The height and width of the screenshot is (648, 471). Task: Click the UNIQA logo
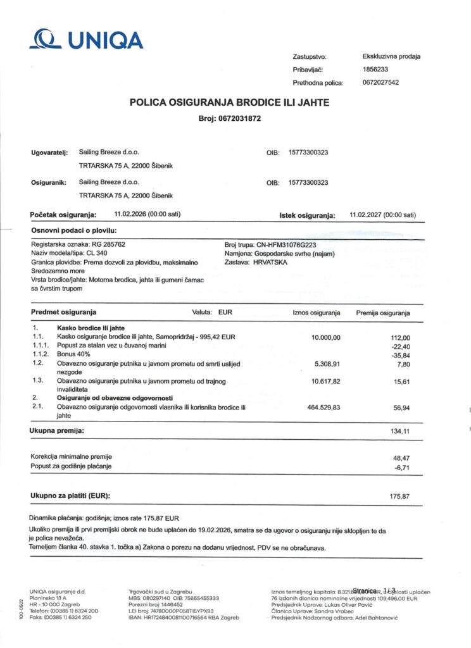click(86, 39)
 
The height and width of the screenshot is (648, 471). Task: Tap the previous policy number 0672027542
click(380, 82)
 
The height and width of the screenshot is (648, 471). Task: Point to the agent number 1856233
click(375, 70)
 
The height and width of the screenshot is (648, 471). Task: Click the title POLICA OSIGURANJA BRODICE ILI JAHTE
click(229, 102)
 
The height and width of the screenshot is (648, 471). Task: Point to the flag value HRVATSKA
click(269, 261)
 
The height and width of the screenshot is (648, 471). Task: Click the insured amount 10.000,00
click(326, 337)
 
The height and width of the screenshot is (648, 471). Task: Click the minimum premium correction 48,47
click(401, 456)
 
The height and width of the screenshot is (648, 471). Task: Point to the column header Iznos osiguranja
click(317, 313)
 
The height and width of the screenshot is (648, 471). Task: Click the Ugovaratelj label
click(49, 153)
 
